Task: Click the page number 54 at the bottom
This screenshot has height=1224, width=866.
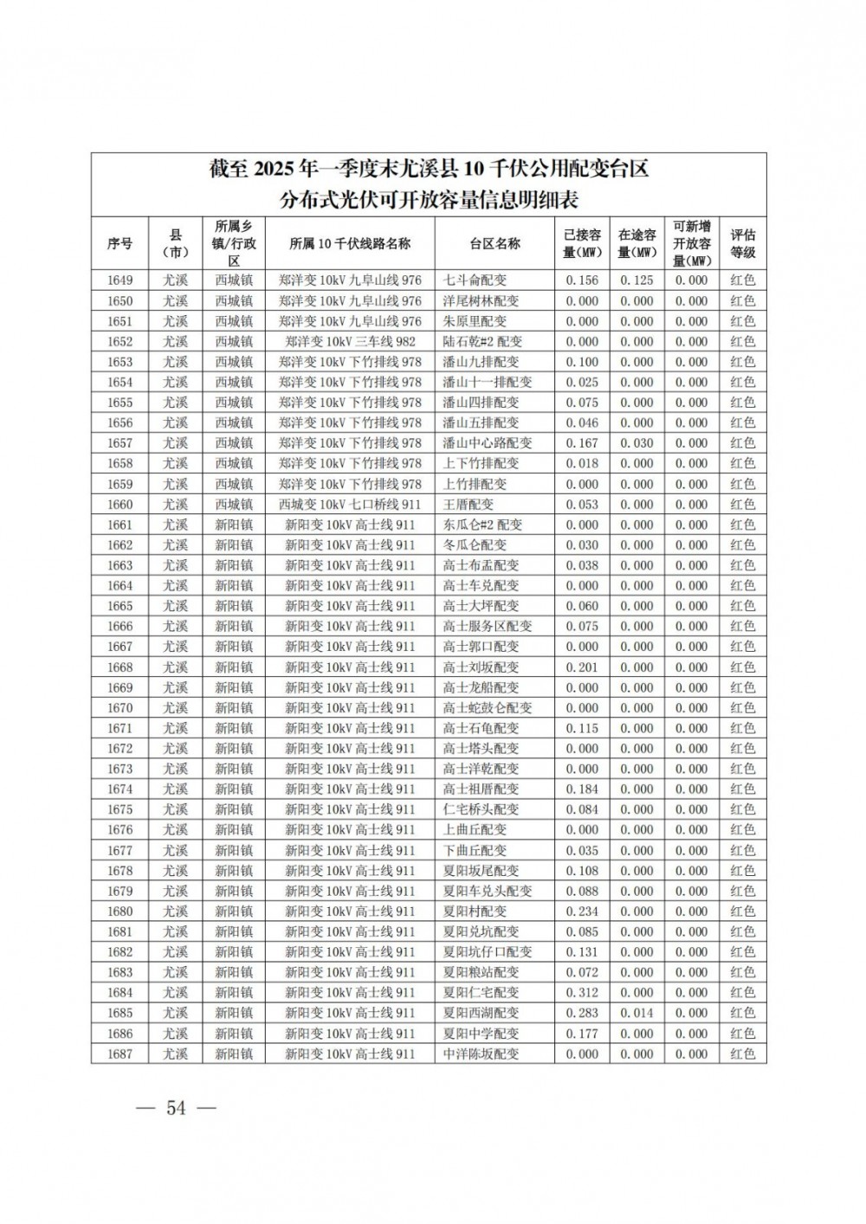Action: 177,1108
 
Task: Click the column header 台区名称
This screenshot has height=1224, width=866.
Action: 494,243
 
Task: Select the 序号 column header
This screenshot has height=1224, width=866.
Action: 120,243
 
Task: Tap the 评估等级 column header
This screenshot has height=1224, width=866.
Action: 742,243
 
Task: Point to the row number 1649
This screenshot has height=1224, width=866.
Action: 120,280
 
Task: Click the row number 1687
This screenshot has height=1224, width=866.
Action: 120,1053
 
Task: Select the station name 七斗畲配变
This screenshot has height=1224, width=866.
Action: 475,280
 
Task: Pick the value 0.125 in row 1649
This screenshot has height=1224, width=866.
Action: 637,280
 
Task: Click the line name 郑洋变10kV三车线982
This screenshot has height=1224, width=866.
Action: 350,342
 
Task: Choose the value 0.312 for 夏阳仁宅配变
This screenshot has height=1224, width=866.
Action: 582,993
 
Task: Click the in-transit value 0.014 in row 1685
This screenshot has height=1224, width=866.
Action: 637,1013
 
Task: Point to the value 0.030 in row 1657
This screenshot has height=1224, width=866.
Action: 637,443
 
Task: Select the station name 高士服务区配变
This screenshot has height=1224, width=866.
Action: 488,626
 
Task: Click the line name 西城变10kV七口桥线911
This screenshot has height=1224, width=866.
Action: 350,504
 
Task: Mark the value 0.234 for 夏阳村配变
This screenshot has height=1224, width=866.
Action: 582,912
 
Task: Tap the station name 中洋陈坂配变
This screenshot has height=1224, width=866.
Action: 481,1053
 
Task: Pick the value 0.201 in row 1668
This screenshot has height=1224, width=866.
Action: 582,667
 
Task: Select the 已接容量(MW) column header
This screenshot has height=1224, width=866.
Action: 582,243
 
